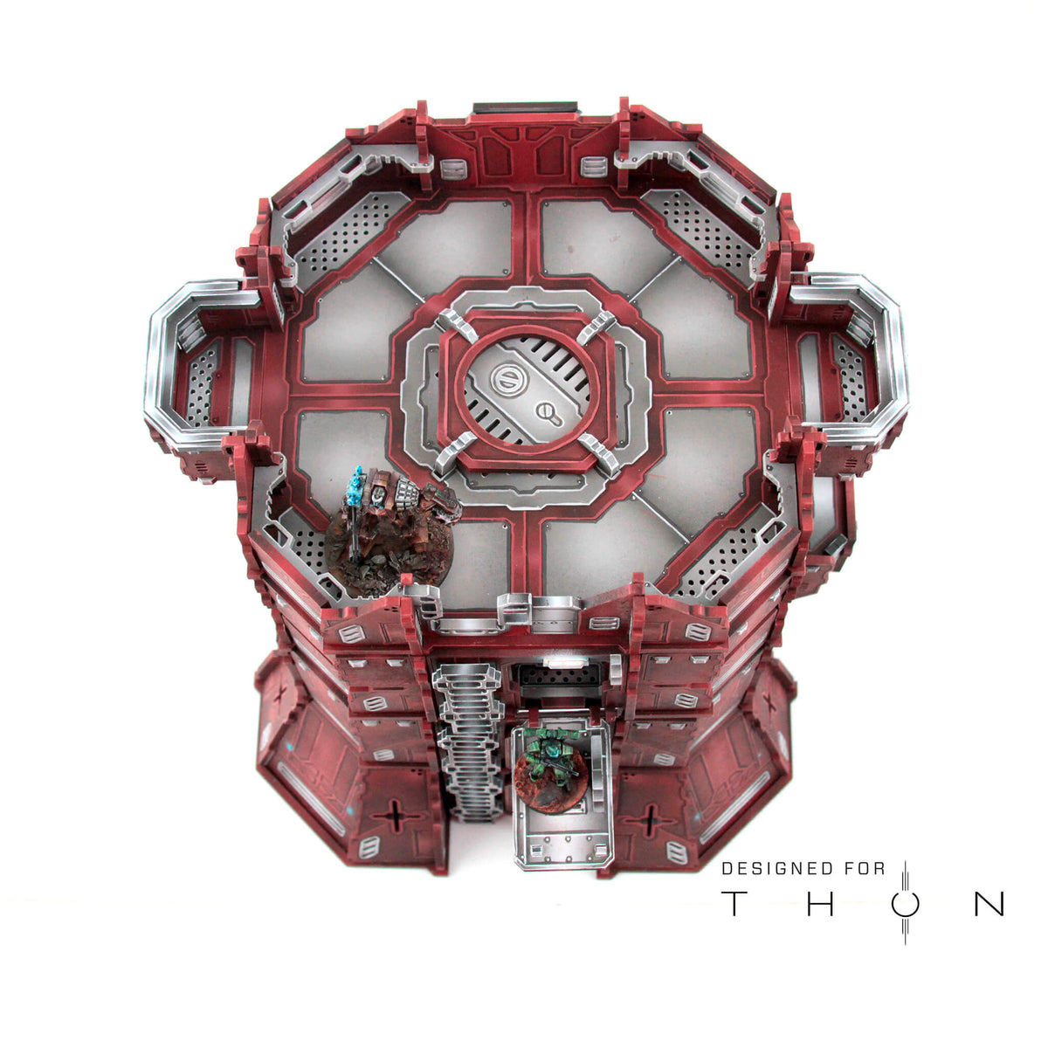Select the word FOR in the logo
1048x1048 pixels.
coord(865,868)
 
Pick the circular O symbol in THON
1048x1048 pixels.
coord(905,905)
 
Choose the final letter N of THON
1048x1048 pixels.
coord(989,905)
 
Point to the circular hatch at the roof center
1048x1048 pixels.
coord(525,391)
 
